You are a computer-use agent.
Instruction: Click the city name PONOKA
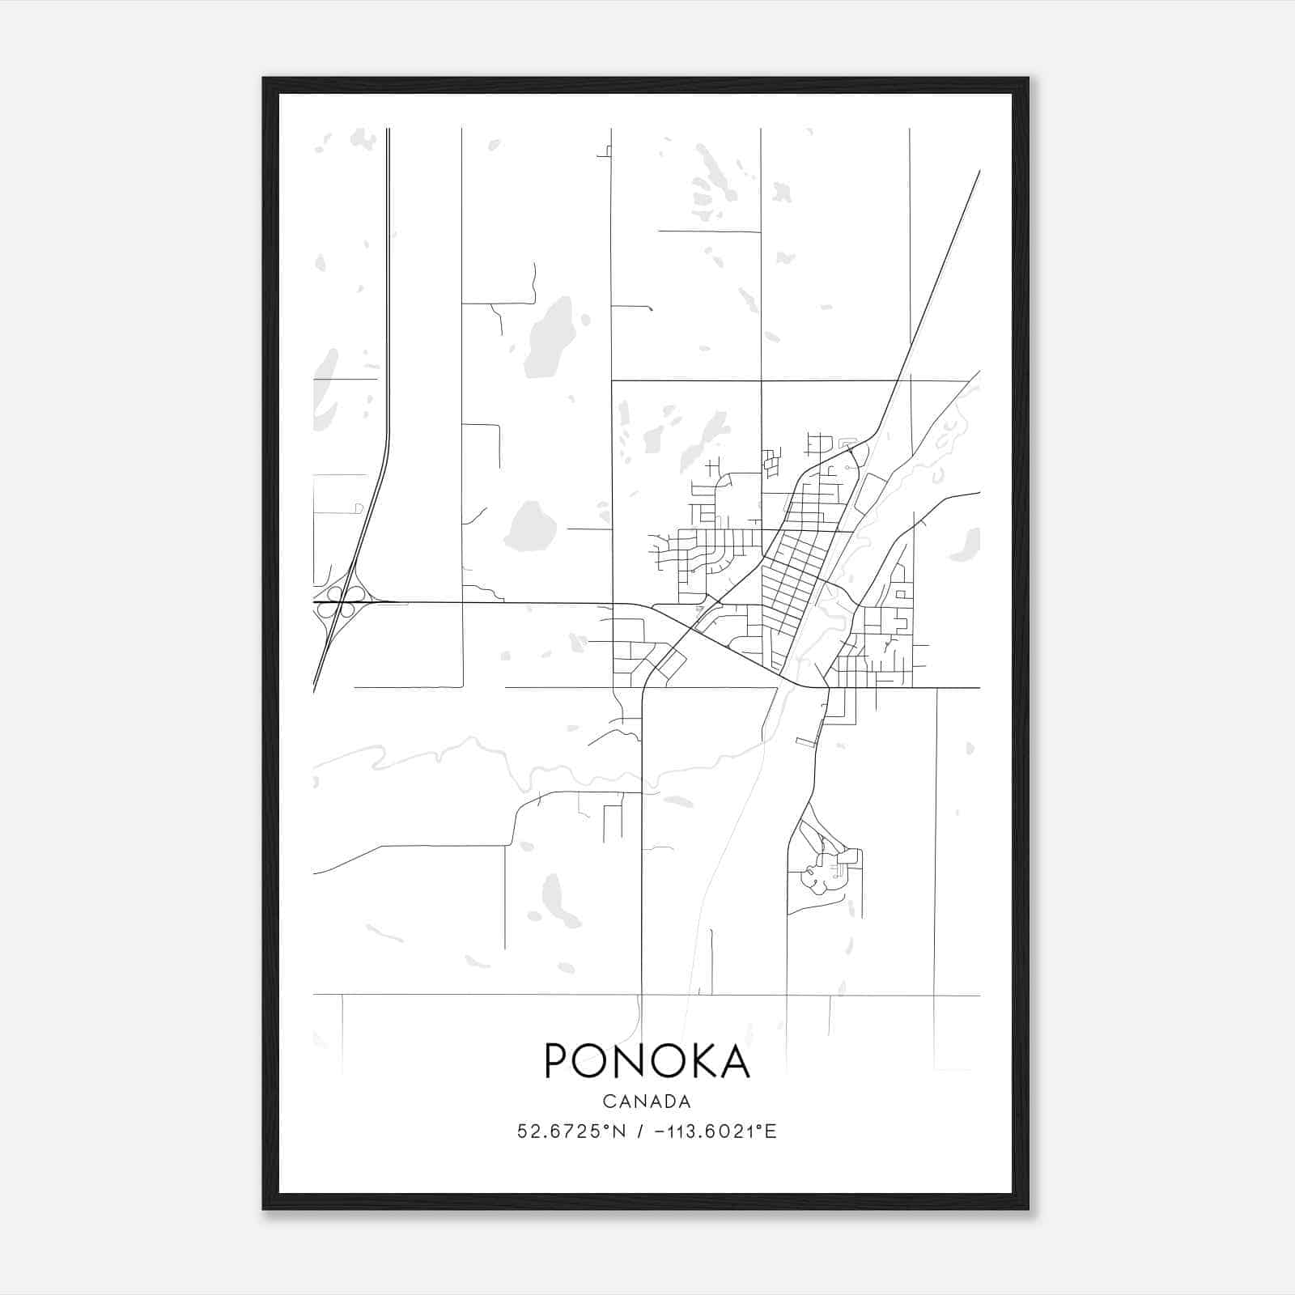click(647, 1060)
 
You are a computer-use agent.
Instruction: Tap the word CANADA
click(647, 1102)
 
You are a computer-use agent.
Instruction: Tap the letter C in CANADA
click(608, 1102)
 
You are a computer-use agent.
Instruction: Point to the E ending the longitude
click(771, 1132)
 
